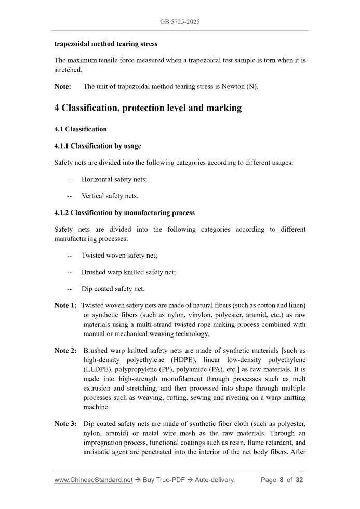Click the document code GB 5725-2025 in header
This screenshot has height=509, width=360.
(180, 22)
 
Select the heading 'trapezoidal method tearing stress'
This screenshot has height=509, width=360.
(106, 44)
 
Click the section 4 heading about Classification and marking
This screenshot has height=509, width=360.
(148, 108)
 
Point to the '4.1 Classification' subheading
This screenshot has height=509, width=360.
(81, 129)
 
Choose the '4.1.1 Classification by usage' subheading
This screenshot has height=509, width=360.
(98, 146)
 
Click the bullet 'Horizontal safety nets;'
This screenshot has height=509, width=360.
(114, 179)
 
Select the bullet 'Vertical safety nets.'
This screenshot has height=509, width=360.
(110, 196)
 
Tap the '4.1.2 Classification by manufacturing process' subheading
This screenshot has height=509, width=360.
(125, 212)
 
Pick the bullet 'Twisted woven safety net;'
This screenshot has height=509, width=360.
(119, 256)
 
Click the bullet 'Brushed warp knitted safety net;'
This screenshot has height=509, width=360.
(128, 272)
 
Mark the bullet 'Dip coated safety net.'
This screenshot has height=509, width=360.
(113, 289)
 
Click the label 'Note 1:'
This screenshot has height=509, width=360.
(65, 305)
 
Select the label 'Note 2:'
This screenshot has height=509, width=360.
(65, 351)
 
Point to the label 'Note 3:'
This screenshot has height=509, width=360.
(65, 424)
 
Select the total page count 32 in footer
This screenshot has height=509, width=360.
(299, 480)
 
